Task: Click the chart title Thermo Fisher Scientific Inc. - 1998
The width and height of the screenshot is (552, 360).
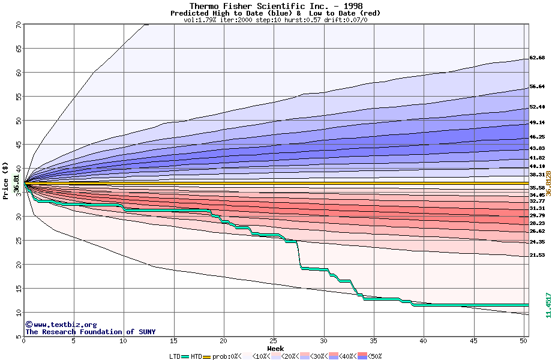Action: click(276, 5)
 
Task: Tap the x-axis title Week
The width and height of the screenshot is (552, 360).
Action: click(275, 348)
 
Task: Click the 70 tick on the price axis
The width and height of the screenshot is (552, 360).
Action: click(18, 25)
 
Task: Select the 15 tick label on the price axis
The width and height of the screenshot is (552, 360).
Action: click(18, 289)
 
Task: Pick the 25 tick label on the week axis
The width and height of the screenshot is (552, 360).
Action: click(274, 341)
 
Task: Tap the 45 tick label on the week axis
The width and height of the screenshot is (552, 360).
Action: click(473, 341)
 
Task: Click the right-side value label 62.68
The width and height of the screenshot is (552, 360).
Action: click(536, 58)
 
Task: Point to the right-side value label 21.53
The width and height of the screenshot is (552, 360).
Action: click(536, 255)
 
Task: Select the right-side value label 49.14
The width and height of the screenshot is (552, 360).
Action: click(536, 123)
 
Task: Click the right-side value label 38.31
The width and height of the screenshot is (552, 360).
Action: click(536, 175)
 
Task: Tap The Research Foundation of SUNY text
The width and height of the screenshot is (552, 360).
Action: click(90, 332)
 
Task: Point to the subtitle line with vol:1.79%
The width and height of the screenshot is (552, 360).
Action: click(275, 20)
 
